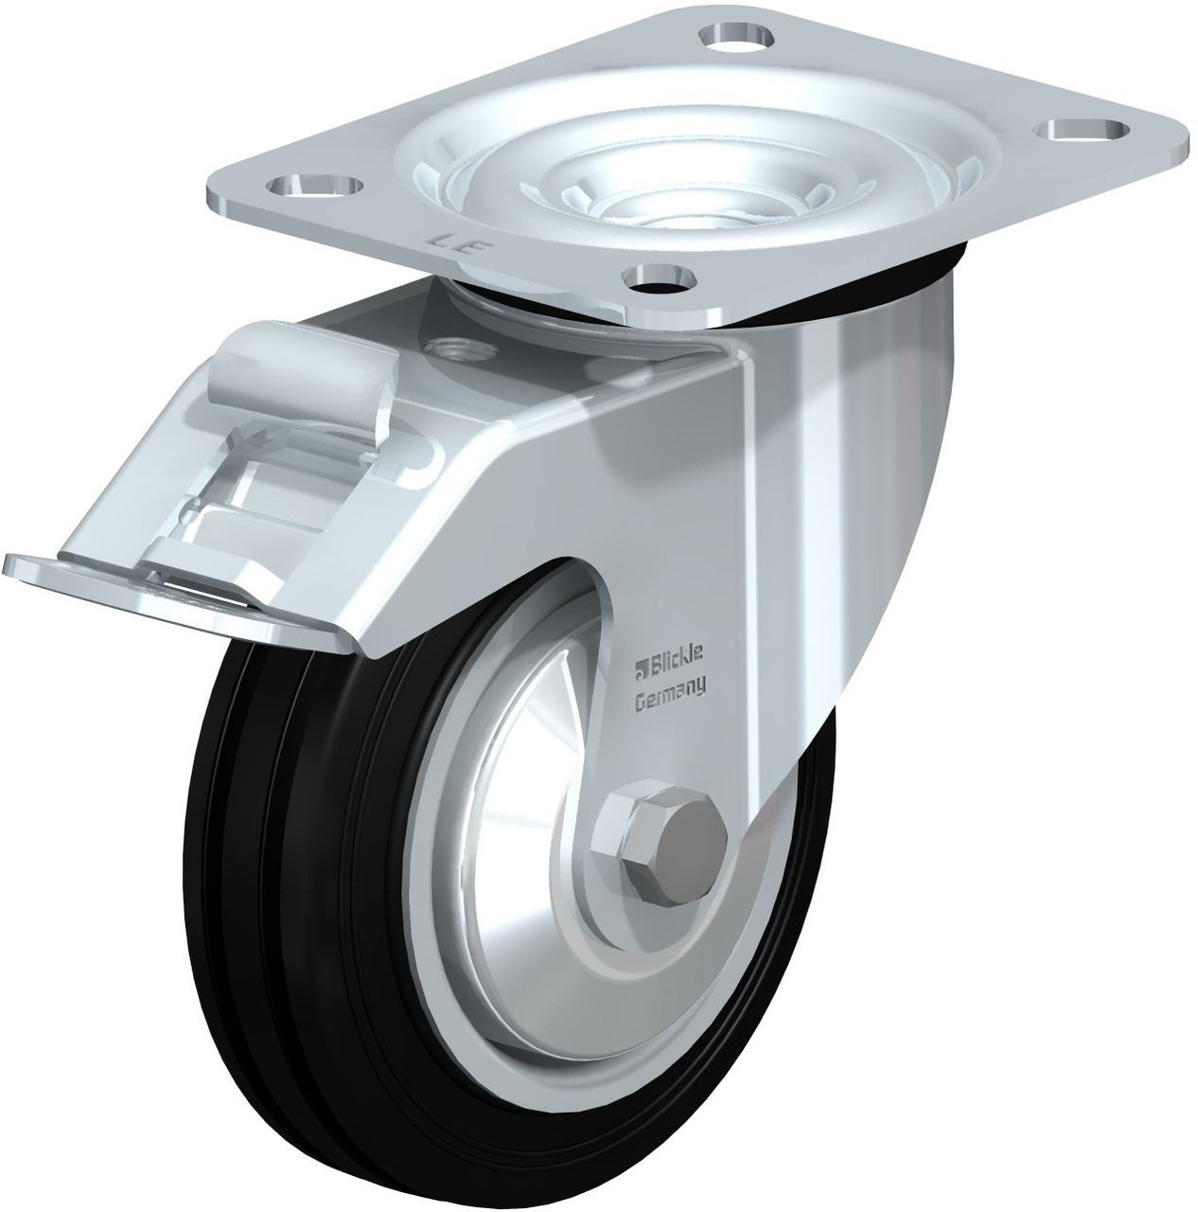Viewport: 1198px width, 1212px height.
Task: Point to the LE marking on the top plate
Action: tap(456, 244)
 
